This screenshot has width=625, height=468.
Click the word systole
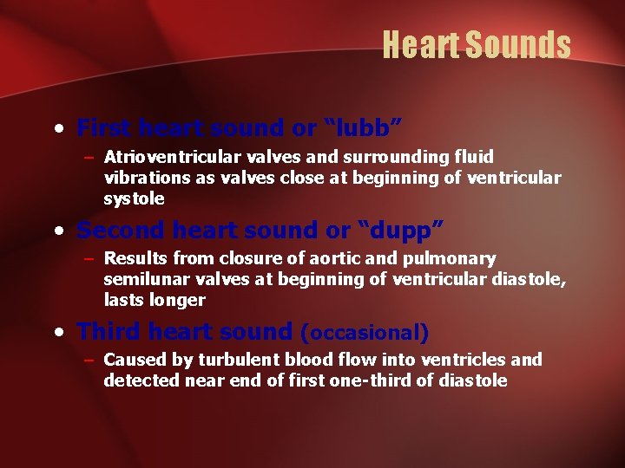(x=134, y=198)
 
